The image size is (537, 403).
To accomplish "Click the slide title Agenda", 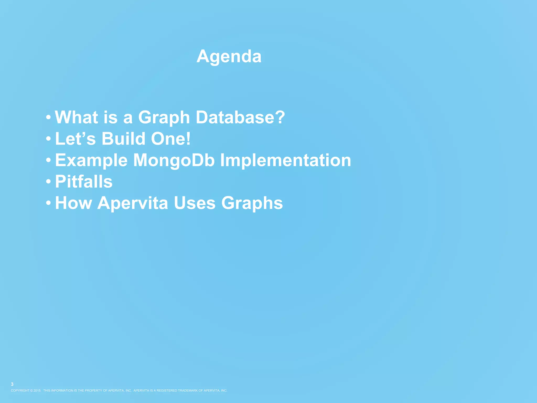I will pos(229,56).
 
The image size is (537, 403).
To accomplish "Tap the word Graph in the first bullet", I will pos(164,118).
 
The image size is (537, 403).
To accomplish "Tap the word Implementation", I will pos(286,160).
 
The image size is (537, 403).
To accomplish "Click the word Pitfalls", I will pos(84,182).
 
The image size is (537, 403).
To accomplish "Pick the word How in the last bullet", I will pos(73,203).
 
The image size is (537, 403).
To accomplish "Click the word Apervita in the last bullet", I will pos(132,203).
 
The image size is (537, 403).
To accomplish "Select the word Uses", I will pos(195,203).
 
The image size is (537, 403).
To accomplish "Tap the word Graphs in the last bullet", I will pos(252,204).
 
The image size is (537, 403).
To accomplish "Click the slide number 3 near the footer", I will pos(12,384).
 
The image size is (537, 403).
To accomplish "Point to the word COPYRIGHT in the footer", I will pos(20,390).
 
